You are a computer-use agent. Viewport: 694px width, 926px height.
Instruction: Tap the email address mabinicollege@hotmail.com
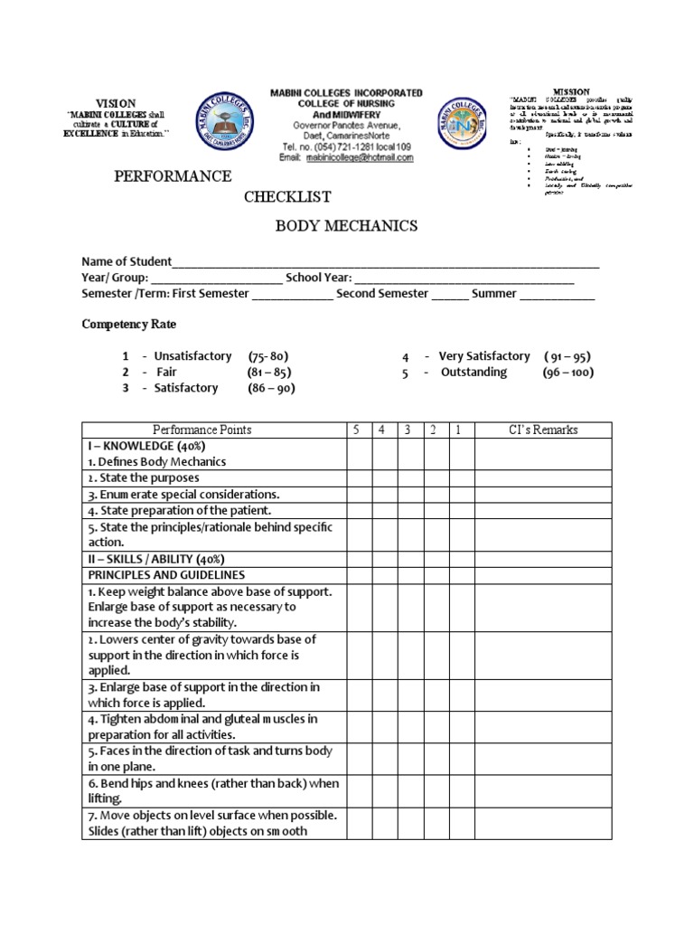[x=359, y=157]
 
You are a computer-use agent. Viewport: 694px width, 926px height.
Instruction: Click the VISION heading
[x=116, y=104]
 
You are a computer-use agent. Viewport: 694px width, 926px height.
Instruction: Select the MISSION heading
[x=571, y=92]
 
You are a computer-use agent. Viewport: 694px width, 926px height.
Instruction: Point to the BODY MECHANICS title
[x=346, y=226]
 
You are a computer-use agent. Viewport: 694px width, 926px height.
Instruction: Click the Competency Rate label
[x=129, y=324]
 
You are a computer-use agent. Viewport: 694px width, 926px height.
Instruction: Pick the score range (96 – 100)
[x=567, y=373]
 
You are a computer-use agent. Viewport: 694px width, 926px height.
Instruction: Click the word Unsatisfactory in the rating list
[x=192, y=356]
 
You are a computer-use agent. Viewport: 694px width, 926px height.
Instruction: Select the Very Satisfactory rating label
[x=484, y=356]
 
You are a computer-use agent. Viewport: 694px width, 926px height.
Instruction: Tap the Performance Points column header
[x=202, y=430]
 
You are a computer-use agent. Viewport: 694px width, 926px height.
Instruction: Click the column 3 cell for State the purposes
[x=408, y=477]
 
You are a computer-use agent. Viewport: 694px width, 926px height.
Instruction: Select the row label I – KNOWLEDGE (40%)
[x=146, y=446]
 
